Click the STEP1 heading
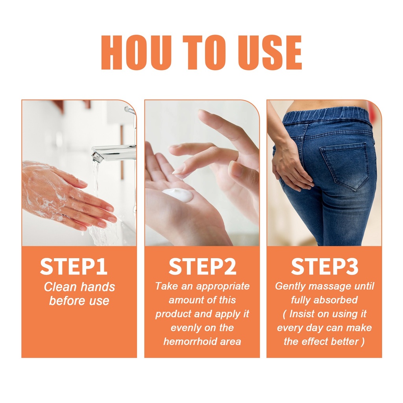pos(74,266)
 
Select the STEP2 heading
pos(202,266)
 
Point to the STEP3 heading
pos(325,266)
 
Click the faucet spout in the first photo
pos(113,153)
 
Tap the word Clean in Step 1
pos(56,287)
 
